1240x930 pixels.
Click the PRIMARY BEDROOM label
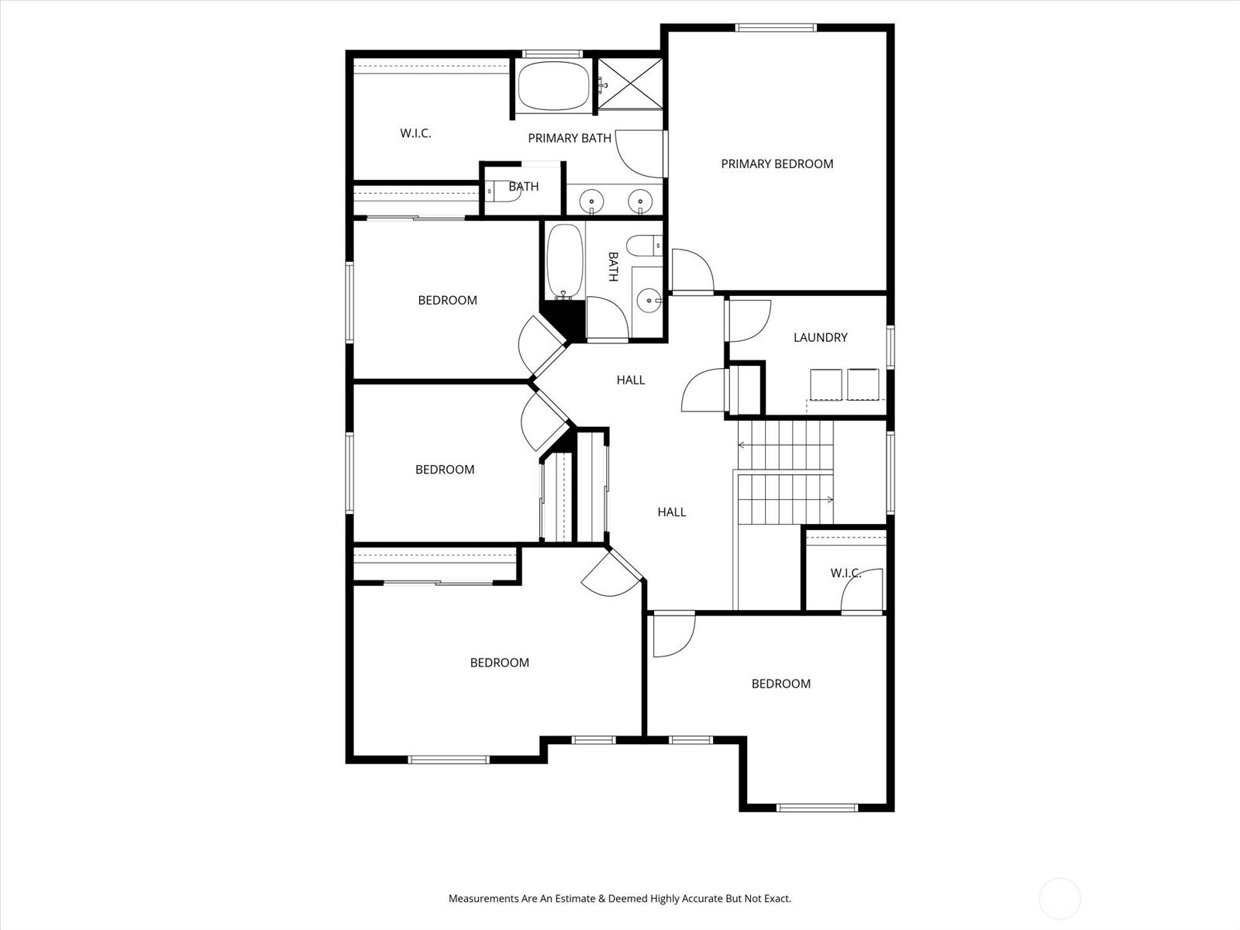pos(777,164)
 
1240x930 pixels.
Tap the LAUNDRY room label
pos(820,337)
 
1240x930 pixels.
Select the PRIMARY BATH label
pos(569,138)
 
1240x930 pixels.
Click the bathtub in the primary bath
pos(553,86)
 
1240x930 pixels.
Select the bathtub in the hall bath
pos(563,261)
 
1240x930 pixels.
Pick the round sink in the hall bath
pos(647,298)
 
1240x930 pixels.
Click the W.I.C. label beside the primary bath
pos(415,133)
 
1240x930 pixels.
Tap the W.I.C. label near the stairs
pos(846,573)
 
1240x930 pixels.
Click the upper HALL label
pos(631,380)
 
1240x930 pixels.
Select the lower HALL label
pos(672,511)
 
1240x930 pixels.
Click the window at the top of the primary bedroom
pos(776,29)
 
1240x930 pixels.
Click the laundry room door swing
pos(747,319)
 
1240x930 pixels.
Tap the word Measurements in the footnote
pos(484,899)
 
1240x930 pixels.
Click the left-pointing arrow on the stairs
pos(742,446)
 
